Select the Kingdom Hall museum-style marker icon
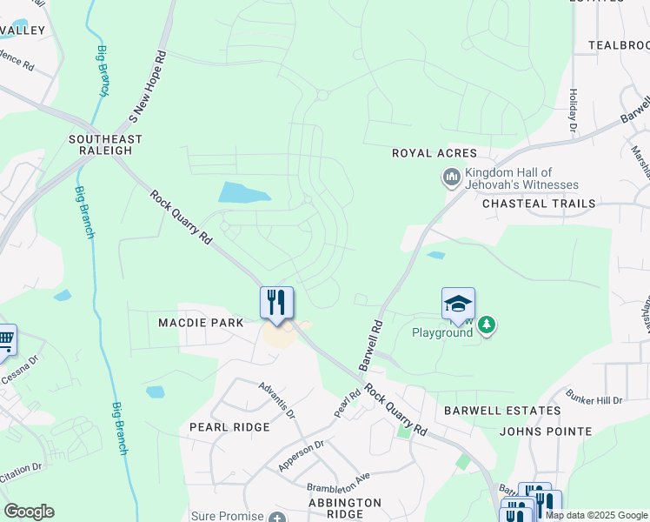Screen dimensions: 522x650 click(451, 179)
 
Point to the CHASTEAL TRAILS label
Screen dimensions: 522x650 click(539, 204)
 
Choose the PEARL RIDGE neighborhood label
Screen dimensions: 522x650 click(229, 427)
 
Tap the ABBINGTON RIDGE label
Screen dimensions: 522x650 click(345, 508)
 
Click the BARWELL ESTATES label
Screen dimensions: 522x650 click(501, 410)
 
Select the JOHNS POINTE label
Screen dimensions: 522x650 click(546, 431)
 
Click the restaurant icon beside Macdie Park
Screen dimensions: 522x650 click(276, 303)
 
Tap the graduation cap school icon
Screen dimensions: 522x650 click(458, 304)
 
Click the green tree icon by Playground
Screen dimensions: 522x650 click(487, 325)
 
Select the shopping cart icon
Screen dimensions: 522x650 click(4, 338)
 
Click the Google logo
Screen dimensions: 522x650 click(29, 512)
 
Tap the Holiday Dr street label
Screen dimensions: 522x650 click(573, 111)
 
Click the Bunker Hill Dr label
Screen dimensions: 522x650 click(594, 399)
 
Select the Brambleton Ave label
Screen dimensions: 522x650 click(338, 482)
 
